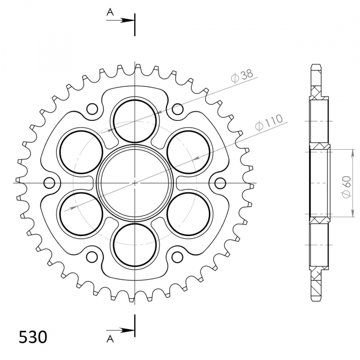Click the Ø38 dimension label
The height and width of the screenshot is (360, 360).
[243, 76]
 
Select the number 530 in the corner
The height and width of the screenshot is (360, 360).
[33, 337]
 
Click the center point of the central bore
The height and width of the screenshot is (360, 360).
[135, 182]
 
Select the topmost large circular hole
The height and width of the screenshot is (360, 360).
[135, 120]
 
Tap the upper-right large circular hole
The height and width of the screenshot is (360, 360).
[188, 151]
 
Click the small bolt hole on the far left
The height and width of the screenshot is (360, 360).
[49, 183]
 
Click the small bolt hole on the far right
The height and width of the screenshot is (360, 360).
[220, 183]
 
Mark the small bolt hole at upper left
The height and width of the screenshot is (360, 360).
[92, 109]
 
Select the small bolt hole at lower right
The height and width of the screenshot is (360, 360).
[177, 256]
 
